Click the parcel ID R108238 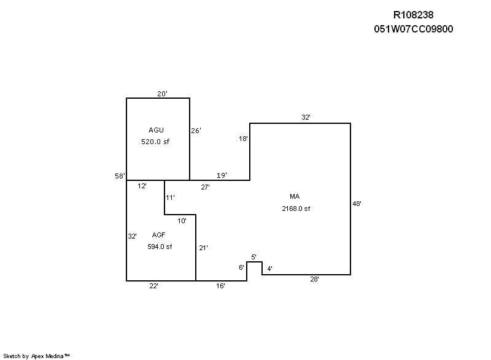[x=413, y=15]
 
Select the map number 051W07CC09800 [x=413, y=29]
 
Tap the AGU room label [x=156, y=130]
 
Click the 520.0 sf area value [x=155, y=142]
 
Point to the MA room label [x=295, y=196]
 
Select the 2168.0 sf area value [x=296, y=209]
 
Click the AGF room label [x=158, y=235]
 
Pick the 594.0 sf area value [x=160, y=247]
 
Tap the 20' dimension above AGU [x=162, y=93]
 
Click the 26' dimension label [x=196, y=131]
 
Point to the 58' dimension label [x=120, y=176]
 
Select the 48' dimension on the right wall [x=357, y=204]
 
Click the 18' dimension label [x=243, y=139]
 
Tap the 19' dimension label [x=222, y=175]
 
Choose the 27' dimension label [x=205, y=187]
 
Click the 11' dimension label [x=170, y=197]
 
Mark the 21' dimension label [x=203, y=248]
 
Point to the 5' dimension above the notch [x=253, y=257]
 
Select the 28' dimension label [x=314, y=279]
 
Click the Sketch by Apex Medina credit [x=36, y=356]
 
